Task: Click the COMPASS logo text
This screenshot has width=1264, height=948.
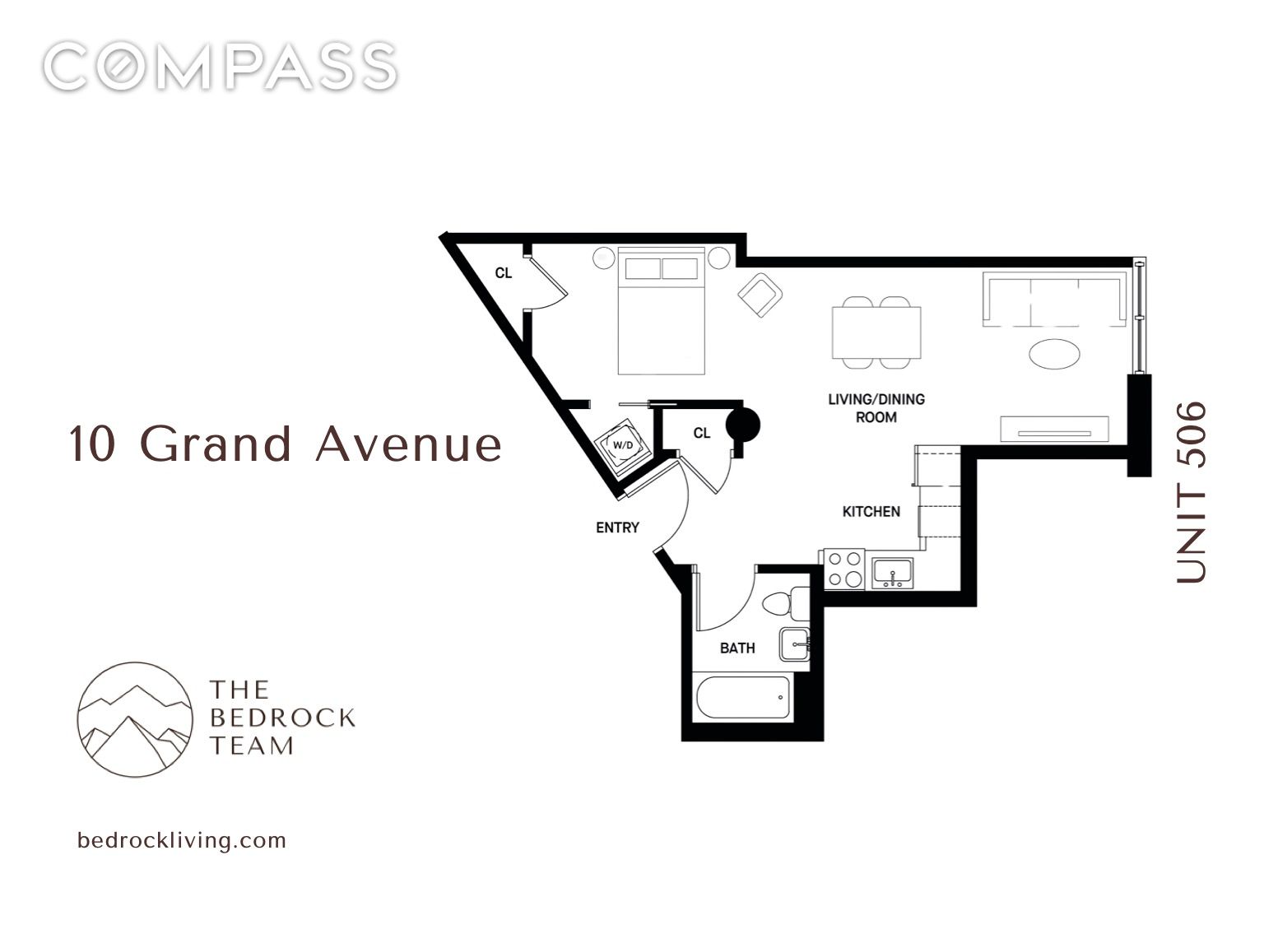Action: point(220,67)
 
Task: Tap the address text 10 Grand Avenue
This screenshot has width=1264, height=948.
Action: point(285,444)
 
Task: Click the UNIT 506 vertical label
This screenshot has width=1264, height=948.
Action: point(1191,492)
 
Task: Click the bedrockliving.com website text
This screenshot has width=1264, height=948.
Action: point(181,840)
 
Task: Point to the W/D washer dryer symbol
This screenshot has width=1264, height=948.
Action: point(623,445)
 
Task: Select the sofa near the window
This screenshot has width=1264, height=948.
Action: point(1054,300)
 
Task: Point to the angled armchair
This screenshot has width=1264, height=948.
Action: point(760,296)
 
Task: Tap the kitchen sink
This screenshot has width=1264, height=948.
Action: point(893,571)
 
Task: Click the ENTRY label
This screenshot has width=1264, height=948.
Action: point(617,527)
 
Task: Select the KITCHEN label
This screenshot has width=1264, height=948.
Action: point(871,512)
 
